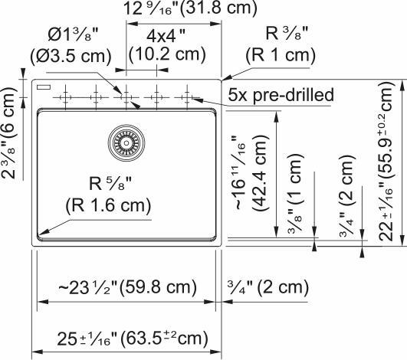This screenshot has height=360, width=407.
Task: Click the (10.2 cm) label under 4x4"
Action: (x=166, y=55)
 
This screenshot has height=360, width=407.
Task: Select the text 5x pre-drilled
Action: (x=281, y=96)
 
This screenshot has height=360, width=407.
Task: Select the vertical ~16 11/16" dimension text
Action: (x=241, y=173)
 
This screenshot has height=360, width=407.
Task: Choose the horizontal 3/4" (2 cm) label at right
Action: (x=268, y=288)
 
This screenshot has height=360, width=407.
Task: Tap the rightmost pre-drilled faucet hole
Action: (x=186, y=97)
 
